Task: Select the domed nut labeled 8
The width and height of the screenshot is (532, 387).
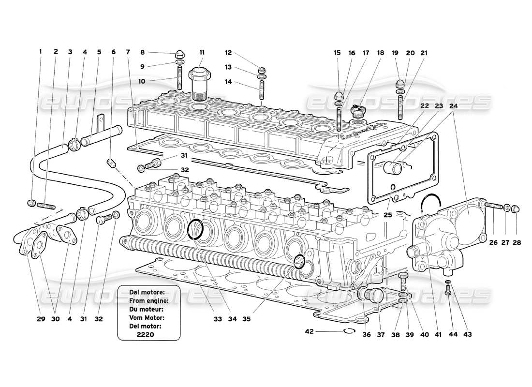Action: click(x=178, y=54)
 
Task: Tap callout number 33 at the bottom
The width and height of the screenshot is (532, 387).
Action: click(x=218, y=320)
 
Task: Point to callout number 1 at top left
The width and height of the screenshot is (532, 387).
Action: click(x=41, y=52)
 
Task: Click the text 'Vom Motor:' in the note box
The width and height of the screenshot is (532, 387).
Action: click(x=147, y=317)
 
